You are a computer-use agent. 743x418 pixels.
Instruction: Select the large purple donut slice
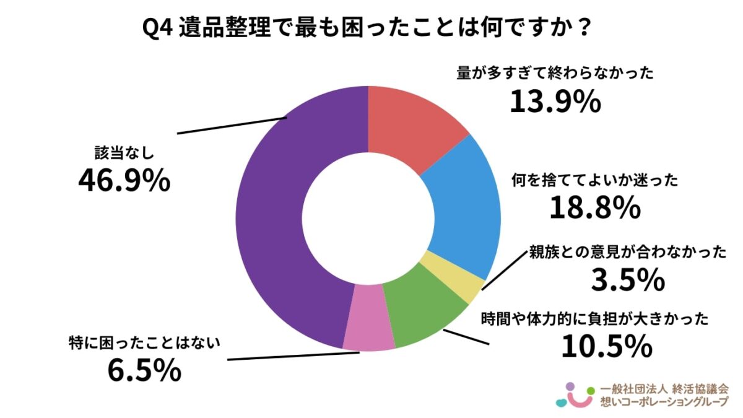click(279, 217)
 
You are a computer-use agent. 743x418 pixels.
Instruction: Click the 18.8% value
click(594, 208)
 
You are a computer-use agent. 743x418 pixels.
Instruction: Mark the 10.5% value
click(606, 346)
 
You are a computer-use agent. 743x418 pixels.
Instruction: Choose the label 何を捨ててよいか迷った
click(594, 181)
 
